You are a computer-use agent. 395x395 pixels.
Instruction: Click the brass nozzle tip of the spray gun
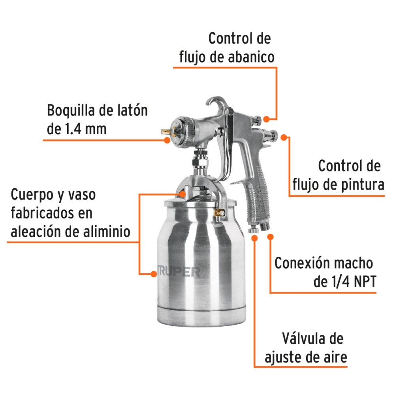coord(164,133)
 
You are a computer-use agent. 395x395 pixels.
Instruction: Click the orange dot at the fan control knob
coord(267,118)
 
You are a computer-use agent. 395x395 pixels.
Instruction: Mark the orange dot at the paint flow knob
coord(284,137)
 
